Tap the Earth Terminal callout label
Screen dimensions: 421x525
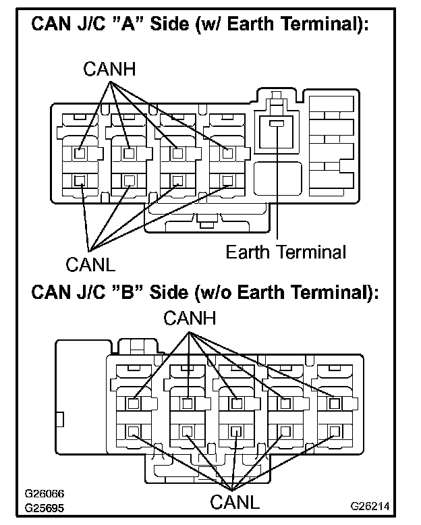pos(285,252)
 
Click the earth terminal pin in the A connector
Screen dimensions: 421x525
pos(277,124)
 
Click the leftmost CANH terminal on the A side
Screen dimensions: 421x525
pos(80,153)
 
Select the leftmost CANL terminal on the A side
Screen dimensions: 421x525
pos(80,179)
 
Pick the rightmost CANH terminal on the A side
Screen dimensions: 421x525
pos(228,153)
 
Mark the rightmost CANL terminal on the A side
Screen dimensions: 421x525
pos(228,179)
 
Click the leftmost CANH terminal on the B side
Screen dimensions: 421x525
pos(134,403)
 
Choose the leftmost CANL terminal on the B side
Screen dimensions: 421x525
pos(134,431)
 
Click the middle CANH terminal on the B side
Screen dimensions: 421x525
pos(235,403)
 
